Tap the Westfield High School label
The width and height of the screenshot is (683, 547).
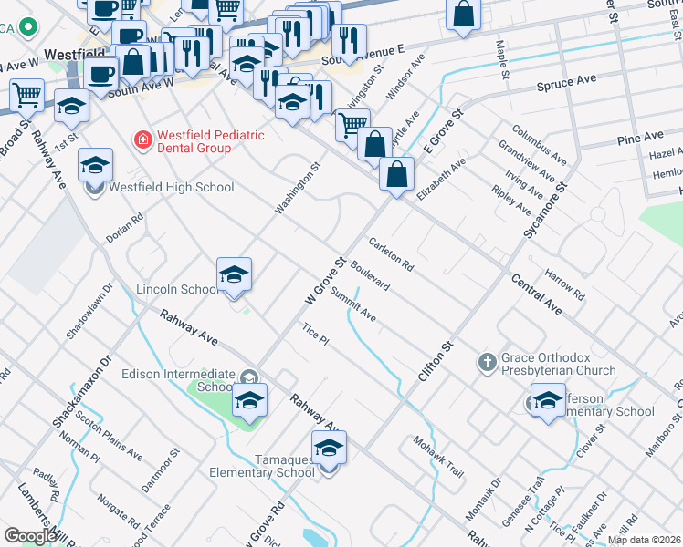click(171, 188)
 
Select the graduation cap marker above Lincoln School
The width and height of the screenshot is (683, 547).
click(234, 275)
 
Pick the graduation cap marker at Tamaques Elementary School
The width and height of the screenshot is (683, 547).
click(330, 449)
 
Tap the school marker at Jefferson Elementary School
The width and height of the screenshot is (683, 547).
click(548, 401)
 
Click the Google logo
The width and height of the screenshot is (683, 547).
click(30, 536)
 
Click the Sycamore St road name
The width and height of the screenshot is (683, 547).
click(545, 211)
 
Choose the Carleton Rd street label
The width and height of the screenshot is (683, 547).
click(391, 254)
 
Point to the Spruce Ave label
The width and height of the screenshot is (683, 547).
click(567, 81)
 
